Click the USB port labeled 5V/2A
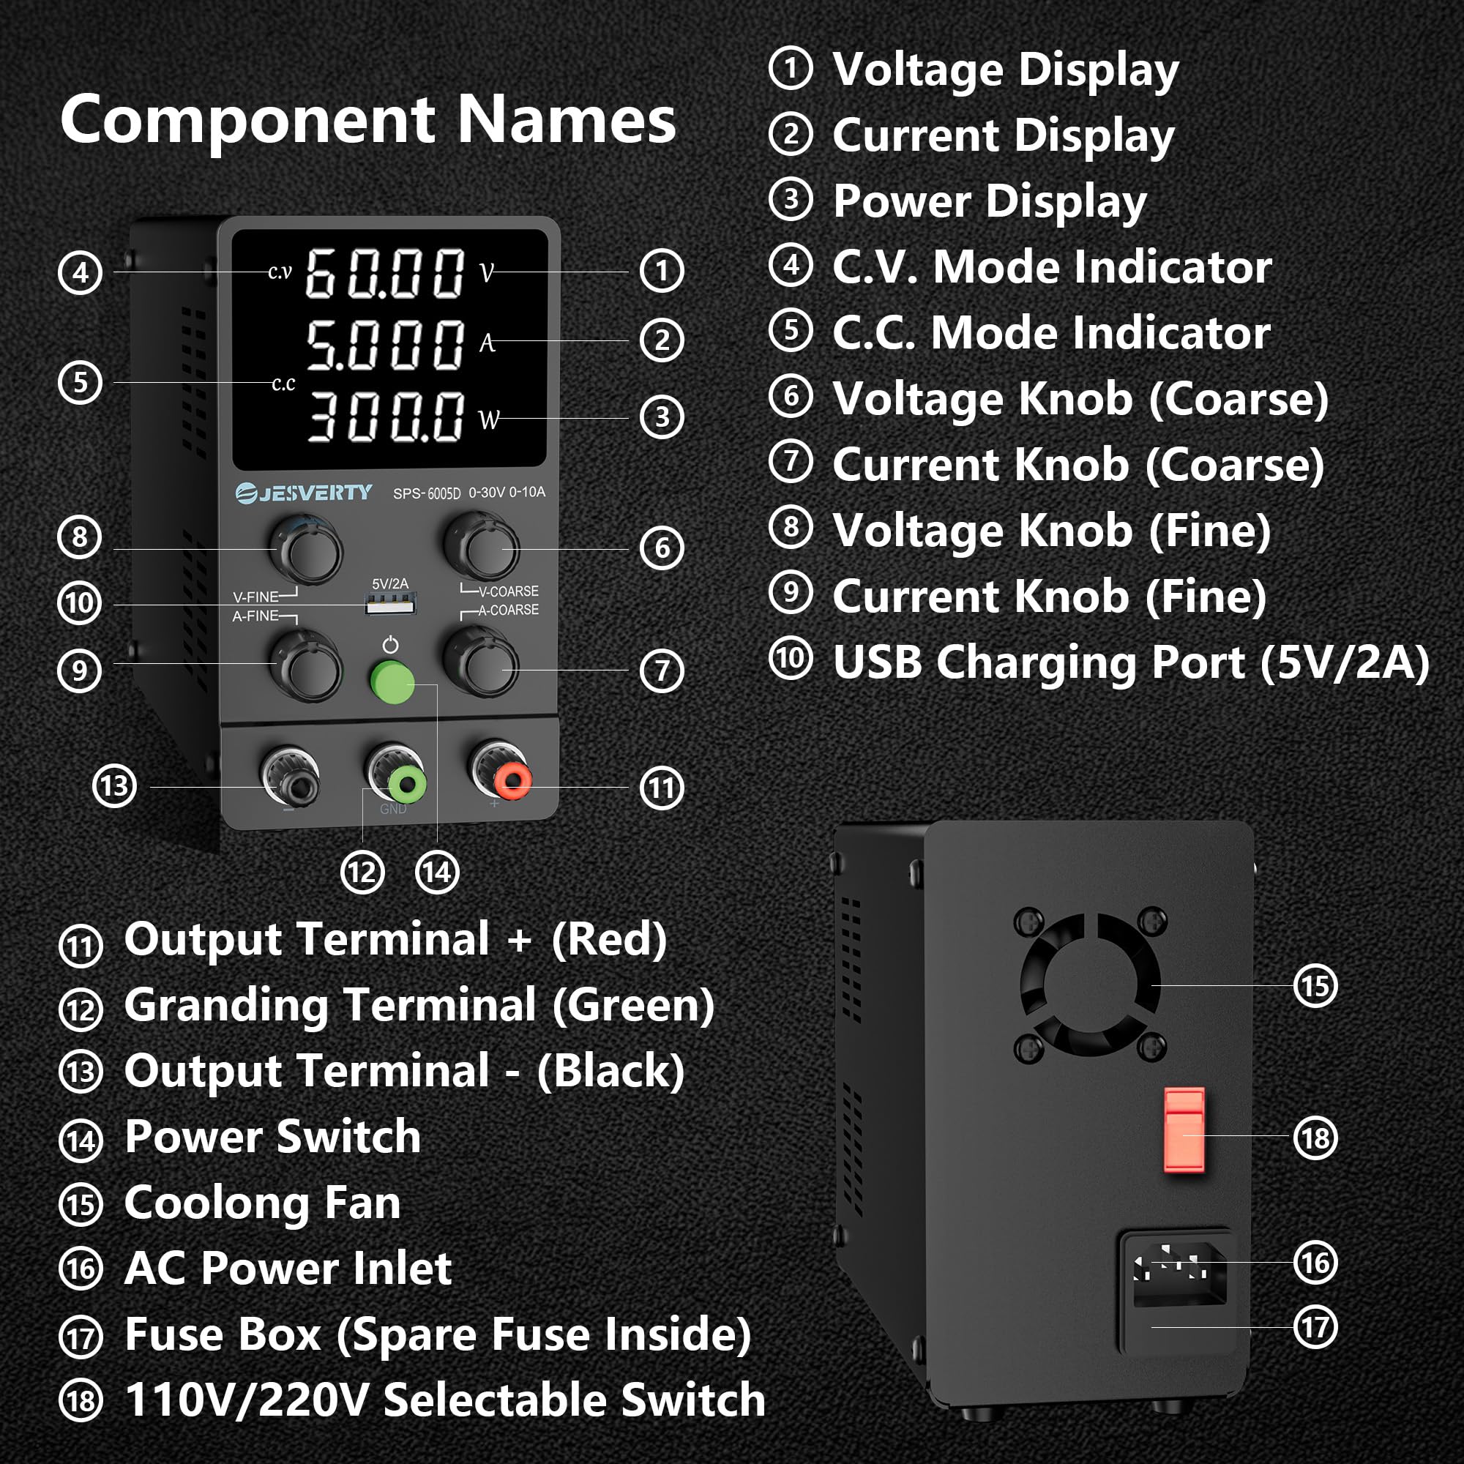coord(390,604)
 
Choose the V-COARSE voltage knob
coord(482,547)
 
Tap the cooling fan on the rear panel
coord(1090,985)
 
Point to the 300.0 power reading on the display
coord(385,416)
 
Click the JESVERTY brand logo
coord(304,493)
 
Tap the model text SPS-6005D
coord(427,494)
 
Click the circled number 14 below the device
coord(438,873)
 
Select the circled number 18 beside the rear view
coord(1315,1138)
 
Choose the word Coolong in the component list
coord(215,1203)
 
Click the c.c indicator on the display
coord(283,384)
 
